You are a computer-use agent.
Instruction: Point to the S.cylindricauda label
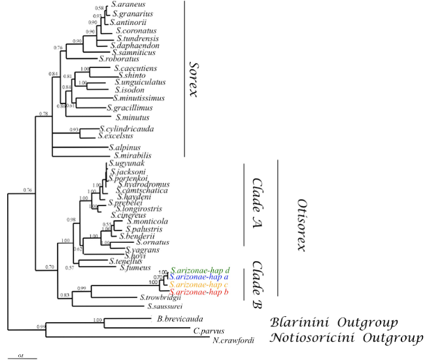click(126, 129)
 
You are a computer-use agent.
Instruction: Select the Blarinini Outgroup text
click(335, 323)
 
